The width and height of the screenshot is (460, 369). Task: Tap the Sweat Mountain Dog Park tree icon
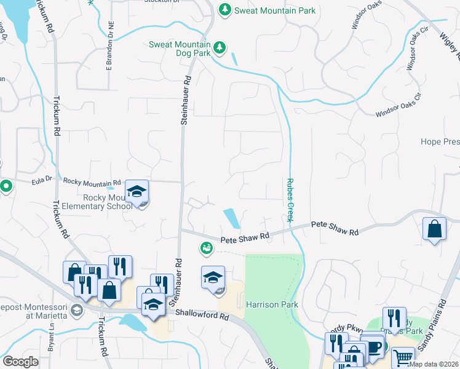point(218,47)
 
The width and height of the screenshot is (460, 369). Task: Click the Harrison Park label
point(272,304)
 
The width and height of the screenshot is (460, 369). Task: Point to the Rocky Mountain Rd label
point(92,183)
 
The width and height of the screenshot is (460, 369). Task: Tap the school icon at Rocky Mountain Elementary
point(137,191)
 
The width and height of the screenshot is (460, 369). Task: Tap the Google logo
point(20,361)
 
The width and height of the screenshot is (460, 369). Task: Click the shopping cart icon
point(402,357)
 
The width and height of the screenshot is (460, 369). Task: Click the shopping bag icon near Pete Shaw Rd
point(435,229)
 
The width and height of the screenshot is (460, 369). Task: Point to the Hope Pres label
point(440,141)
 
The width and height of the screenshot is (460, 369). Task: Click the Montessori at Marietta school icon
point(76,309)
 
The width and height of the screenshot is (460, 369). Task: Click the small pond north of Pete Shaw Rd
point(232,217)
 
